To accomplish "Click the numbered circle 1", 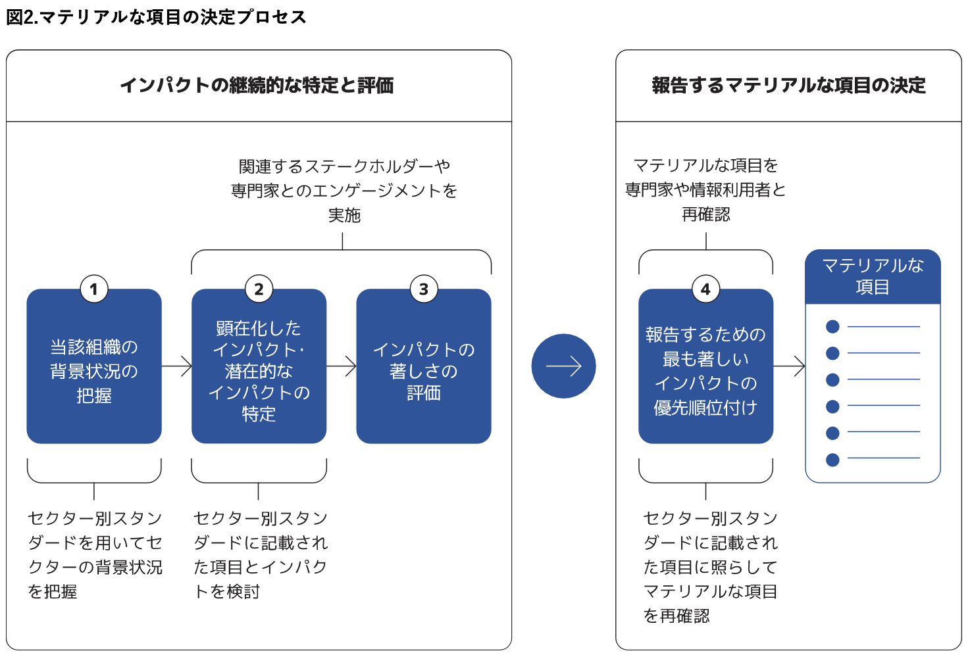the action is point(94,289).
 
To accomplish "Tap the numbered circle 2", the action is point(259,289).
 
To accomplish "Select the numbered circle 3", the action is point(424,289).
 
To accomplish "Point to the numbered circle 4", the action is point(706,289).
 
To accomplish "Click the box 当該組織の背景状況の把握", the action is point(94,366).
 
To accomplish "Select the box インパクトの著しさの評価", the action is point(424,366).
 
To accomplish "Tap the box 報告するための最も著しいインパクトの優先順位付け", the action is point(706,366).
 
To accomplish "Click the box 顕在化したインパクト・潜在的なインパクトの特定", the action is point(259,366).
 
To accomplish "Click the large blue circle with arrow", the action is point(564,366).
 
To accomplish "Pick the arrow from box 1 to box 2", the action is point(176,366).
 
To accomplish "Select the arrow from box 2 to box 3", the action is point(342,366).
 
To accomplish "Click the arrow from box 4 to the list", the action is point(789,366).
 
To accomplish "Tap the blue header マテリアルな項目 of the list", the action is point(873,276).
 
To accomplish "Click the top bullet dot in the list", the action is point(832,327).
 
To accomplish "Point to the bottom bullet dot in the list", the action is point(832,460).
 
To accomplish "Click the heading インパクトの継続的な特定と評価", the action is point(257,85).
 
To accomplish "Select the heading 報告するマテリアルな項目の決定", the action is point(788,85).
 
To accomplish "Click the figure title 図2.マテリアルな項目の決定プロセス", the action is point(157,17).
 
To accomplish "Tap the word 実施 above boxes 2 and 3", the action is point(344,215).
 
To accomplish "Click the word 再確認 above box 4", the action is point(706,214).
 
